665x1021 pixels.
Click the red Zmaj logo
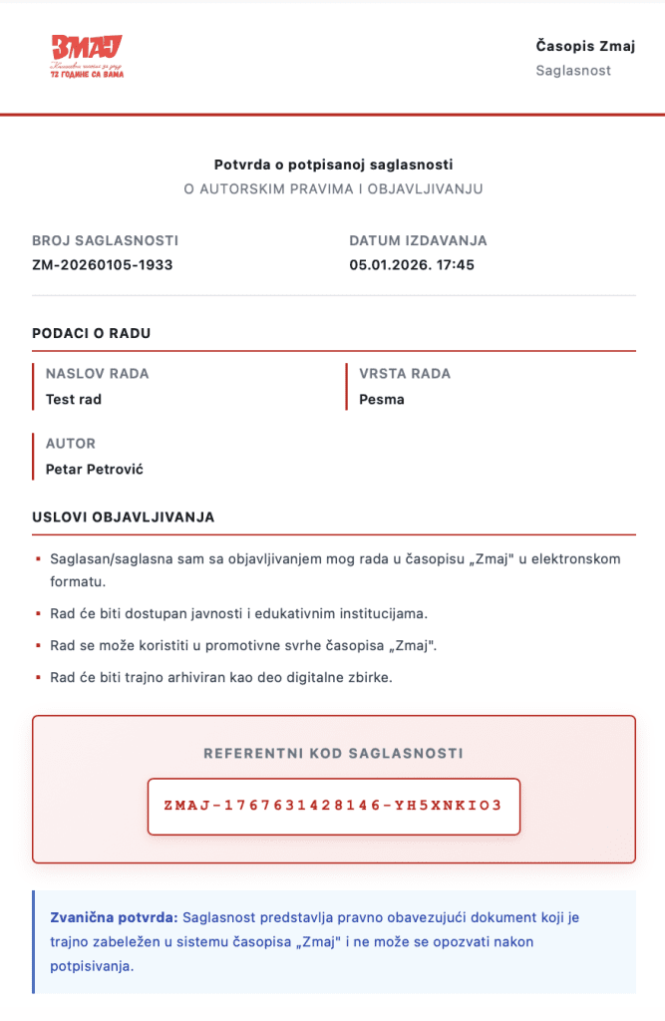coord(87,57)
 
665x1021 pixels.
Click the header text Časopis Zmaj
coord(585,46)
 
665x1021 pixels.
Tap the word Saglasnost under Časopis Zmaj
coord(573,71)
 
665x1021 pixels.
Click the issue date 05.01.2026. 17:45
coord(412,264)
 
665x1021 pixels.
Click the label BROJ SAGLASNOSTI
coord(105,241)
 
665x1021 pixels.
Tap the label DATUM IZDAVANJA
coord(418,241)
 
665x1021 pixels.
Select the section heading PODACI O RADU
coord(92,333)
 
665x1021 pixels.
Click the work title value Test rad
coord(74,400)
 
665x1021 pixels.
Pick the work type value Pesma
coord(382,400)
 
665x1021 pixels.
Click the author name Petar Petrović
coord(95,469)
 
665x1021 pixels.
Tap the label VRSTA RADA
coord(405,374)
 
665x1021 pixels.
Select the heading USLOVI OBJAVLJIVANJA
coord(123,517)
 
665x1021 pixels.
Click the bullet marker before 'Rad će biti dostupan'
coord(37,613)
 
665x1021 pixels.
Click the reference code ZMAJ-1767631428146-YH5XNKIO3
coord(333,806)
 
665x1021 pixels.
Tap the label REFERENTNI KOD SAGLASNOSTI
coord(333,754)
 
